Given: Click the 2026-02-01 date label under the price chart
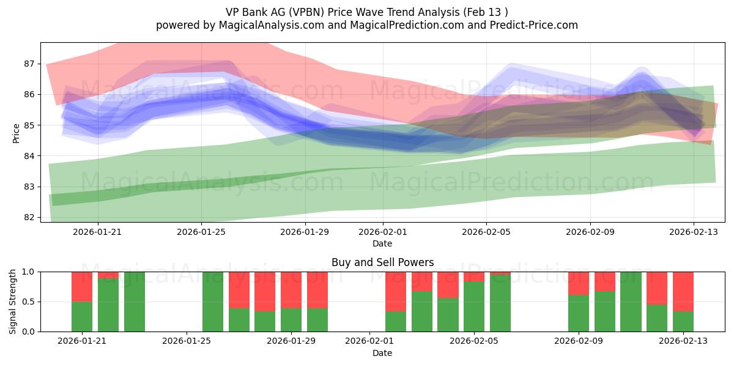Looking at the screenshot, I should pyautogui.click(x=383, y=232).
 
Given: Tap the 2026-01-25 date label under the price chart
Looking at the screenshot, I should pyautogui.click(x=201, y=232).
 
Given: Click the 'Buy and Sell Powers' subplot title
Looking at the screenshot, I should pyautogui.click(x=382, y=262).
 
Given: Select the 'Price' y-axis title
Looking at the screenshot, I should pyautogui.click(x=17, y=133).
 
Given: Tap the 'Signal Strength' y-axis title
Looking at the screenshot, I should pyautogui.click(x=13, y=302).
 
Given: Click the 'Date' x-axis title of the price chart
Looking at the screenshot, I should pyautogui.click(x=382, y=243).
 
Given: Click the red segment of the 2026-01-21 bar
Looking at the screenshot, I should pyautogui.click(x=82, y=286).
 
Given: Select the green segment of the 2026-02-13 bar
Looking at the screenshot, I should pyautogui.click(x=683, y=321).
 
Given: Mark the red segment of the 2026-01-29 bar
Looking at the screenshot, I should pyautogui.click(x=291, y=290).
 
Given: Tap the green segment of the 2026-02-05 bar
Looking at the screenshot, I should pyautogui.click(x=474, y=306).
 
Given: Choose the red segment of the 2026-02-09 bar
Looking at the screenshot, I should pyautogui.click(x=579, y=283).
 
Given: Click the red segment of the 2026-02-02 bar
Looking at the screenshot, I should pyautogui.click(x=396, y=291).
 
